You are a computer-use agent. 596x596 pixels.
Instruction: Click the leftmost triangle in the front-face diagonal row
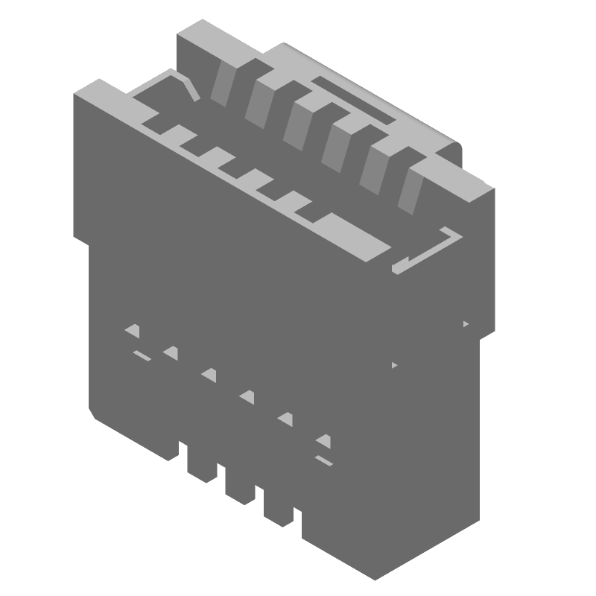(x=134, y=330)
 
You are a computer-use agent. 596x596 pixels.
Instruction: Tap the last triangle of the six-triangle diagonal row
(x=323, y=440)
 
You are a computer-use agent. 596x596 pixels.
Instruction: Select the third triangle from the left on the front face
(x=209, y=375)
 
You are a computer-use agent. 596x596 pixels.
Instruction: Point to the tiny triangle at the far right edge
(x=466, y=324)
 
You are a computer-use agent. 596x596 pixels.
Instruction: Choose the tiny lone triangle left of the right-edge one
(x=394, y=365)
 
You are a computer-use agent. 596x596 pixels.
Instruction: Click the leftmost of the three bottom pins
(x=199, y=462)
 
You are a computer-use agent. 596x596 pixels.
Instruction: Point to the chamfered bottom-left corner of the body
(x=94, y=414)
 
